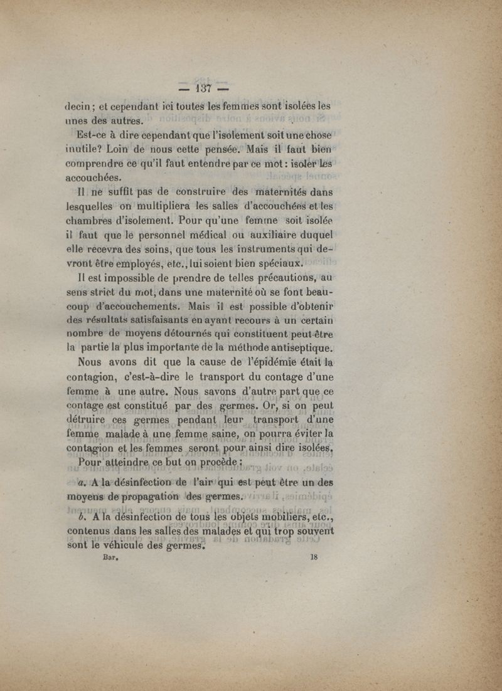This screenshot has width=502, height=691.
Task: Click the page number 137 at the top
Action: pos(195,88)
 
